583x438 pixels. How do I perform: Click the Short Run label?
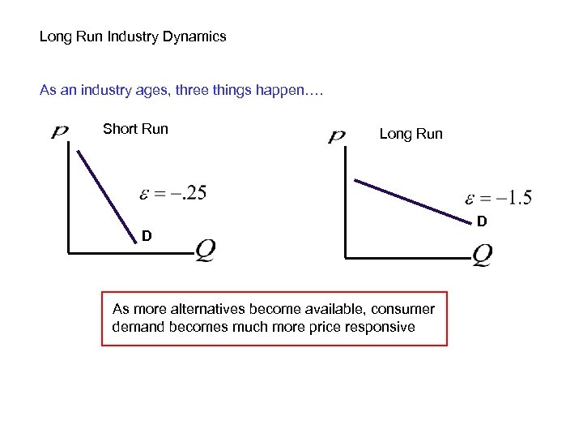(135, 128)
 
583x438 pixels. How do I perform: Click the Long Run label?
(411, 134)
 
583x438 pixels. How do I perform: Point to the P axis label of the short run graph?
(59, 131)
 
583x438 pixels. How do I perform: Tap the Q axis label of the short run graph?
(205, 250)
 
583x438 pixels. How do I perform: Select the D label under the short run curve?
(146, 236)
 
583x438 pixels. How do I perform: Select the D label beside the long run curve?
(481, 221)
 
